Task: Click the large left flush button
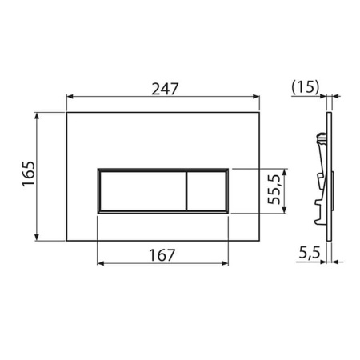[x=141, y=190]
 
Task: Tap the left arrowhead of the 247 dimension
[x=70, y=96]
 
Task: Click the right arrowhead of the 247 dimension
[x=258, y=96]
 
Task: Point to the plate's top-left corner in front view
[x=66, y=112]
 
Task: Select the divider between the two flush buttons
[x=186, y=190]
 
